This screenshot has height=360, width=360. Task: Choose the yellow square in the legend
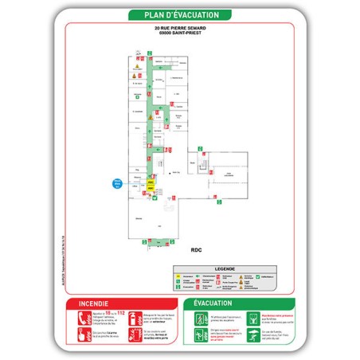pyautogui.click(x=179, y=278)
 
